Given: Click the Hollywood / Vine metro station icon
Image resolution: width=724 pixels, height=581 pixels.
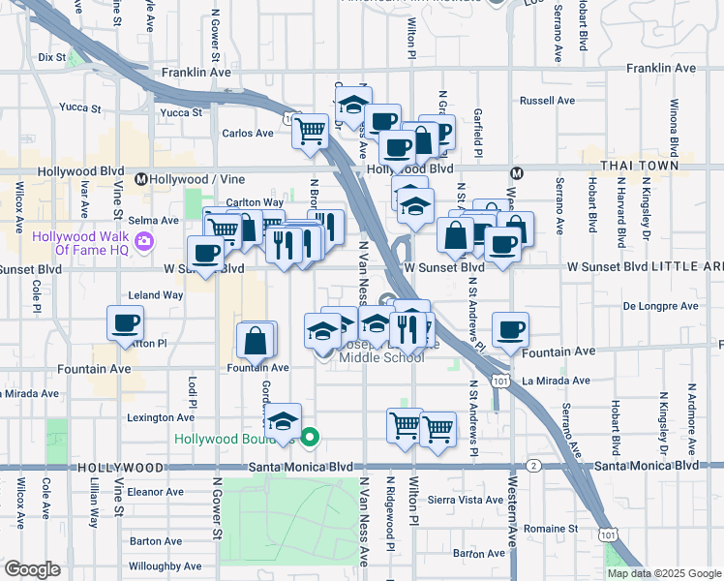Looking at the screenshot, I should (141, 179).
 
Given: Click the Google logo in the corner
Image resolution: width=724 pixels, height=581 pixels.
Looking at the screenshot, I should (32, 569).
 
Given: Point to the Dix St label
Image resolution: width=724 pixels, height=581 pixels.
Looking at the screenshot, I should (50, 57).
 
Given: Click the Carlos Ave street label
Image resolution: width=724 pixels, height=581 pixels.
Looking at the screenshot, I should (247, 134).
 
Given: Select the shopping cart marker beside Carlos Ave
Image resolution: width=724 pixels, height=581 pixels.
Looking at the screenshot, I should (312, 130).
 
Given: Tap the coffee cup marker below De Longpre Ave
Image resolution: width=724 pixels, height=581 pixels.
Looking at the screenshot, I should (510, 329).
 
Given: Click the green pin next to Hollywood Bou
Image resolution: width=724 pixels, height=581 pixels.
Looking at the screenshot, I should (310, 438).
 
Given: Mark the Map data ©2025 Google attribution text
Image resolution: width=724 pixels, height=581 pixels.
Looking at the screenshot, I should (664, 573).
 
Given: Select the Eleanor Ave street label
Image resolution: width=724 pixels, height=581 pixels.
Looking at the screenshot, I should (155, 491).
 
